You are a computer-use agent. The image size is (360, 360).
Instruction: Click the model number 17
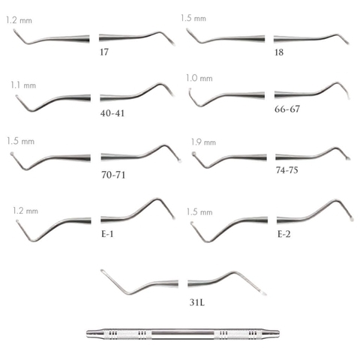[x=104, y=52]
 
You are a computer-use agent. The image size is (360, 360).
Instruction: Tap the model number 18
[x=279, y=52]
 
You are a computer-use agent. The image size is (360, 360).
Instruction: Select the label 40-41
[x=112, y=113]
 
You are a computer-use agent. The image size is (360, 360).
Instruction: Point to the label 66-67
[x=287, y=109]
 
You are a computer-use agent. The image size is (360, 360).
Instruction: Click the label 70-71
[x=113, y=175]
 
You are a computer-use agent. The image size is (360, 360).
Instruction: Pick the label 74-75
[x=287, y=170]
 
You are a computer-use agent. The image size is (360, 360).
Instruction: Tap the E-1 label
[x=107, y=234]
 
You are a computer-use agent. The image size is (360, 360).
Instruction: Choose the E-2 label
[x=284, y=234]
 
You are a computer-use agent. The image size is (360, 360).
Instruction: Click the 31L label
[x=197, y=302]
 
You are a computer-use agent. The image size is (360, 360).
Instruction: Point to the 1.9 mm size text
[x=203, y=142]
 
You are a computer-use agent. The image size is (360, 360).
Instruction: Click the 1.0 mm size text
[x=199, y=78]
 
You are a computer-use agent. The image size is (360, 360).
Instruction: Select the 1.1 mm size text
[x=23, y=85]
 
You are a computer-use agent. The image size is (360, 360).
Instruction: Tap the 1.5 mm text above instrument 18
[x=193, y=18]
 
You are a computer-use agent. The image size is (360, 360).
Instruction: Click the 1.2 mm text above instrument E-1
[x=25, y=211]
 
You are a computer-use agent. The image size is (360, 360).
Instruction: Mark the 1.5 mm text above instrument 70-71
[x=20, y=141]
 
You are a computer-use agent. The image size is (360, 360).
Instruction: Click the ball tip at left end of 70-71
[x=12, y=154]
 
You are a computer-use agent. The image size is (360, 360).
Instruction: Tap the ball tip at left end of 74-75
[x=193, y=154]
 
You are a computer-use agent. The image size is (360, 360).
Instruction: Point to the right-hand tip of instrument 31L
[x=264, y=293]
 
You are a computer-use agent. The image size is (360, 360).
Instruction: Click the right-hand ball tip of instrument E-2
[x=352, y=219]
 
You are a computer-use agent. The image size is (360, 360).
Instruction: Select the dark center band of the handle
[x=183, y=334]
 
